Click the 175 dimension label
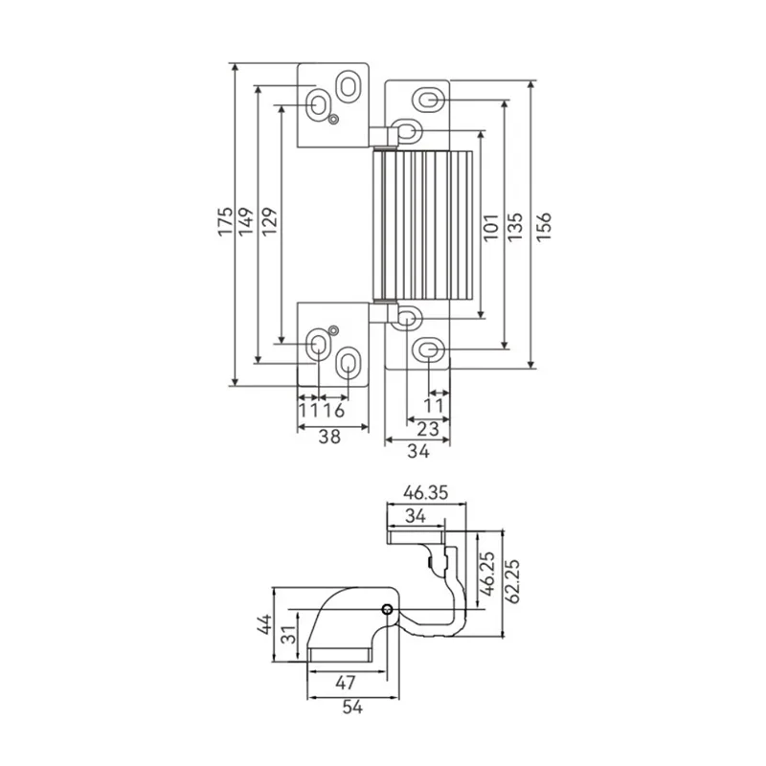225,221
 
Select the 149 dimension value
246,221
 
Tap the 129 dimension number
269,221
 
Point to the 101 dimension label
490,227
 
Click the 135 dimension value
515,227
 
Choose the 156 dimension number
543,227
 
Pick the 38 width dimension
329,437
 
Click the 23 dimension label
428,429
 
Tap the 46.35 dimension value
425,493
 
